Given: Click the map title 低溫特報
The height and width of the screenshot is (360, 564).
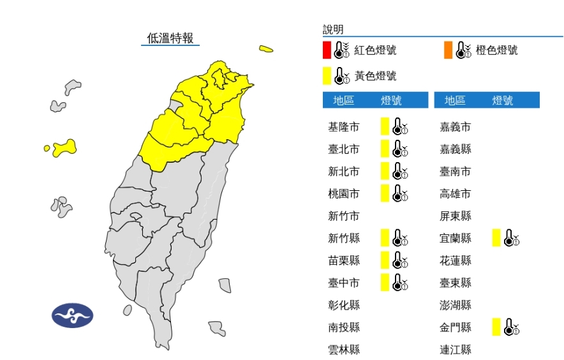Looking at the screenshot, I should [170, 38].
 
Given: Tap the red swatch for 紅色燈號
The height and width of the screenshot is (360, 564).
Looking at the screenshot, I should [327, 50].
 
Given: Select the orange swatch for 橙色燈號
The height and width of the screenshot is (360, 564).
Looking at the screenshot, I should [449, 50].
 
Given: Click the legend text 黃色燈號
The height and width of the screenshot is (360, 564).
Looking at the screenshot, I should [376, 76].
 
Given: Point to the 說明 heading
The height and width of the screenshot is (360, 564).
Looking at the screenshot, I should [333, 29].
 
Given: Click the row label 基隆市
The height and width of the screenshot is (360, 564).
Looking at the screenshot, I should [343, 127].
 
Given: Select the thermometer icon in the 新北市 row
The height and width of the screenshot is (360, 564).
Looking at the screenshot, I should [400, 171].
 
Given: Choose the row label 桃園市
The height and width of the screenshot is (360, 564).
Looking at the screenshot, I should [343, 193].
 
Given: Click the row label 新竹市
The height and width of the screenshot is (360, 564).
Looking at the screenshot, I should [343, 216].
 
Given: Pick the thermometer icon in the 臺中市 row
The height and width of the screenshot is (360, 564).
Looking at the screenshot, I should [400, 282].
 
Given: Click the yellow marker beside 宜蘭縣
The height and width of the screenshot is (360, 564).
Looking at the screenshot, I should [496, 238].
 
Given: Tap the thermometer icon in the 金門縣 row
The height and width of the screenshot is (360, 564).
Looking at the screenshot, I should [512, 327].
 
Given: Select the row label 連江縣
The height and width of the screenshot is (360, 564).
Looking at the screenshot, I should [456, 350].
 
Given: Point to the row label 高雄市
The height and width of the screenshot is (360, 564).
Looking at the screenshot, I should [456, 193].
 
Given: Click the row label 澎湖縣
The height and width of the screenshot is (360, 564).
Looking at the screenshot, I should [456, 305].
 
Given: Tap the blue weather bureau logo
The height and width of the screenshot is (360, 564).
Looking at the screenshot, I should [72, 315].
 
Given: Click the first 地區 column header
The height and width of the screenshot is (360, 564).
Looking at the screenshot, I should [344, 100].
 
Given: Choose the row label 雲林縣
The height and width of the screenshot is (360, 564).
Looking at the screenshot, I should [343, 350].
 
